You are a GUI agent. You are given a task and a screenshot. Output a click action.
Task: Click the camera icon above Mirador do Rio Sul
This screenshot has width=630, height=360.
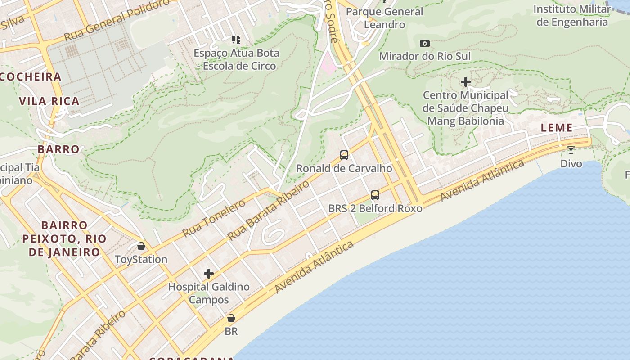(424, 44)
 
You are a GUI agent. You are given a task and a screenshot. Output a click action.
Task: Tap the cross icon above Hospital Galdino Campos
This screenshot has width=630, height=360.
(208, 274)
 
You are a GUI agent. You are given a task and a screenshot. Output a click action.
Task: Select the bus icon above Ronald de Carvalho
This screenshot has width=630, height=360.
(344, 155)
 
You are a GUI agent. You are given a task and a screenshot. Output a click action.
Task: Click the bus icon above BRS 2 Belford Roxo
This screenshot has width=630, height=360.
(375, 195)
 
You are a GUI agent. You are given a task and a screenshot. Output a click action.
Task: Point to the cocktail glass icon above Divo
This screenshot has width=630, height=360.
(571, 150)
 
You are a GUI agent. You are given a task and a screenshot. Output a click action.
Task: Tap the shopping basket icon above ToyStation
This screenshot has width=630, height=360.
(141, 246)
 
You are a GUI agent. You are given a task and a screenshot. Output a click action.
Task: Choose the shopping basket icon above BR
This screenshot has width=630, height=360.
(231, 318)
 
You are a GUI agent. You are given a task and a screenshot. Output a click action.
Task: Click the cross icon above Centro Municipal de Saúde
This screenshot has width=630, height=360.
(466, 82)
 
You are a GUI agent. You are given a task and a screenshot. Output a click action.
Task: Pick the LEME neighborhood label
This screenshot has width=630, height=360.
(557, 128)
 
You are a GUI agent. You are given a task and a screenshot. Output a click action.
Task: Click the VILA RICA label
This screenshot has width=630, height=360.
(49, 101)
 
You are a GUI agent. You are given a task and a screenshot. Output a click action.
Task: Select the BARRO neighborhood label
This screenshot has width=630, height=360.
(58, 149)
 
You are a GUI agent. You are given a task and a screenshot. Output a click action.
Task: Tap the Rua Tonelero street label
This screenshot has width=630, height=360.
(214, 218)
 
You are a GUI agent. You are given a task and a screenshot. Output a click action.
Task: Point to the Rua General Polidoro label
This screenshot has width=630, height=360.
(117, 21)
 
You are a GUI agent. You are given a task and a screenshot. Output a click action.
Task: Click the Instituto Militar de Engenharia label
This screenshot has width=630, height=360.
(572, 15)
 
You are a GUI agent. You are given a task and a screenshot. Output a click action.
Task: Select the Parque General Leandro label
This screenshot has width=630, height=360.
(385, 18)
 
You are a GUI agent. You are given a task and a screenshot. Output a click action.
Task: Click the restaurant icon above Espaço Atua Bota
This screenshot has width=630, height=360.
(236, 40)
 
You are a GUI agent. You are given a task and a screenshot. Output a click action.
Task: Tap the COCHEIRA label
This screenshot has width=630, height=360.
(31, 76)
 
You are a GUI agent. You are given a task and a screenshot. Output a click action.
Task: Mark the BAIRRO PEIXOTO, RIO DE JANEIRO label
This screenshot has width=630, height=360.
(64, 238)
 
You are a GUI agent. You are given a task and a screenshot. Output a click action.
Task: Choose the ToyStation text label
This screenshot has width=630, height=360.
(141, 260)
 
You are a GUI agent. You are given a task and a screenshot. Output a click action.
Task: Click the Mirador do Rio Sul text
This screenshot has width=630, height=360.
(425, 56)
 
